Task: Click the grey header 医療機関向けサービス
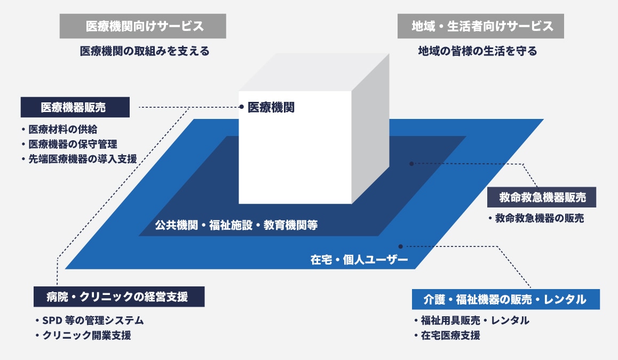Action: [x=142, y=26]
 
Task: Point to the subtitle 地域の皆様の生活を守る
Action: [x=477, y=52]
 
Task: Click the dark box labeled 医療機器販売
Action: [x=75, y=107]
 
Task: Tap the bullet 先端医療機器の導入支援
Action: [x=82, y=158]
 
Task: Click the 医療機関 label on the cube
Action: [x=271, y=107]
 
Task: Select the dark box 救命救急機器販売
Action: [x=542, y=198]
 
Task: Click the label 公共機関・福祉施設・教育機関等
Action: [x=236, y=225]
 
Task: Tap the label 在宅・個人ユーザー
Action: [x=359, y=260]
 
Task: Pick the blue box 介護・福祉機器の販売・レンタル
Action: [x=505, y=299]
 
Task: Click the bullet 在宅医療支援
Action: [x=450, y=335]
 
